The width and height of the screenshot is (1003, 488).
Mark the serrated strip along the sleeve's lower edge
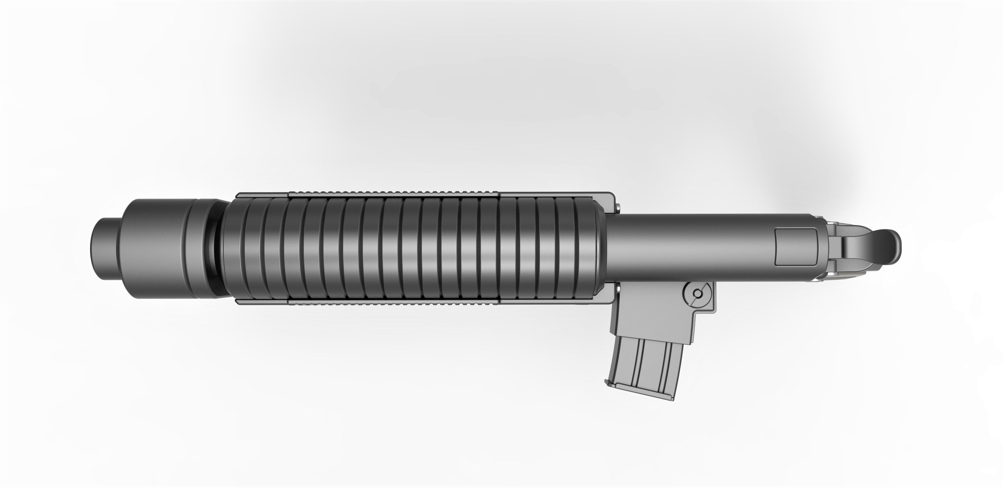393,302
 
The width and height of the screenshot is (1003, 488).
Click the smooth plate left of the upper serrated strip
263,194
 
